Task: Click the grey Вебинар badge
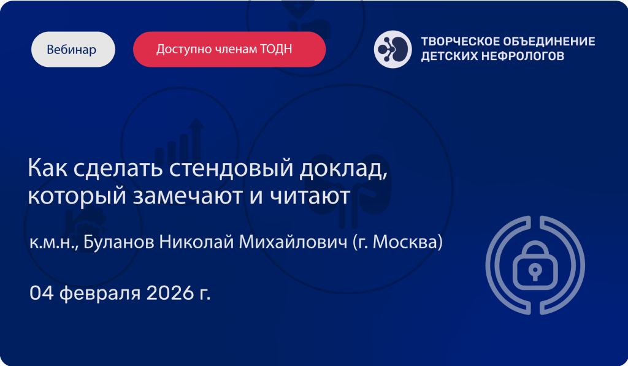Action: pyautogui.click(x=73, y=49)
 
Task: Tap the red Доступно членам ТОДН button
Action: pyautogui.click(x=229, y=49)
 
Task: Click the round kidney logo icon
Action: pyautogui.click(x=392, y=49)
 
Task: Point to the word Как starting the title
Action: pyautogui.click(x=48, y=167)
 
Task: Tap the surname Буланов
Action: pyautogui.click(x=118, y=242)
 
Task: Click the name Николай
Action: pyautogui.click(x=196, y=242)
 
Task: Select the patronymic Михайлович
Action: pyautogui.click(x=293, y=242)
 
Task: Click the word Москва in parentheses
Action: pyautogui.click(x=405, y=242)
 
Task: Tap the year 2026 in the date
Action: pyautogui.click(x=170, y=293)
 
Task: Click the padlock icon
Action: pyautogui.click(x=535, y=265)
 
